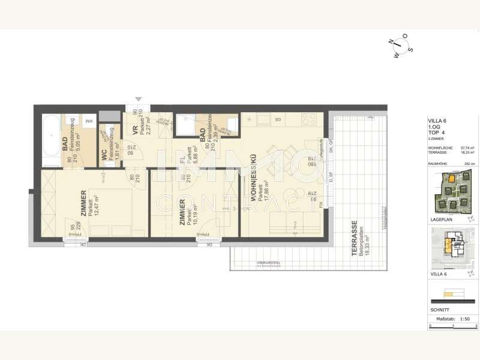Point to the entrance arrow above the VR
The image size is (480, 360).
point(139,99)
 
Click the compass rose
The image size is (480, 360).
point(400,46)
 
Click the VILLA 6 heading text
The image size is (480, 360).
point(437,121)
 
